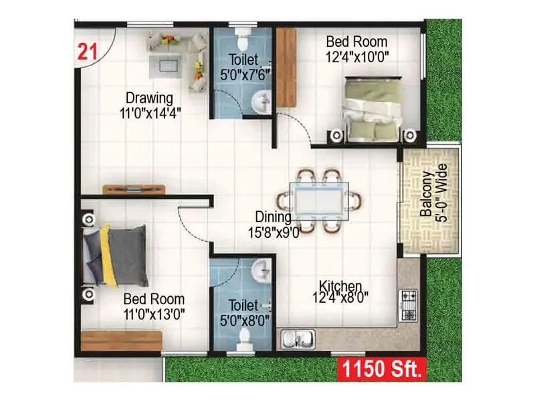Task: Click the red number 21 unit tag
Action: click(86, 51)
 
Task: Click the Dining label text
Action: click(273, 217)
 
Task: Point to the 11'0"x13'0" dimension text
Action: click(154, 313)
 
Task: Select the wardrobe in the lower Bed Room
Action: click(120, 340)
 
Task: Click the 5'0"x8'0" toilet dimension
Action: click(245, 320)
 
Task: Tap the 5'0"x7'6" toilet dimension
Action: click(244, 74)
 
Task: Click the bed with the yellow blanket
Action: click(114, 255)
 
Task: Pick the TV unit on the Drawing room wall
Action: click(134, 189)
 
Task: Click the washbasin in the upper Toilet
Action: click(260, 102)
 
